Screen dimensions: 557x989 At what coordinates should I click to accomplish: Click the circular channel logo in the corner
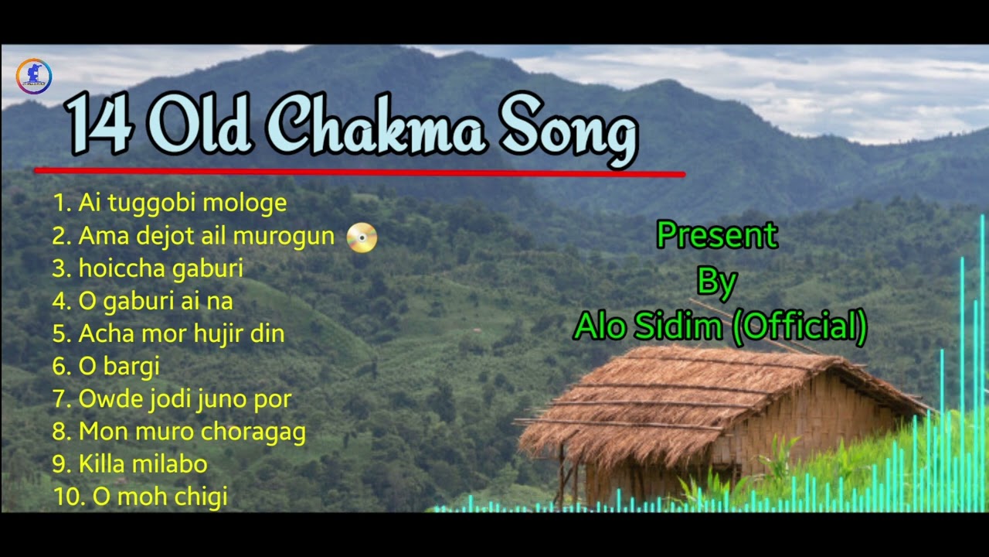33,77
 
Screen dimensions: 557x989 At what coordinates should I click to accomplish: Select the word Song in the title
568,128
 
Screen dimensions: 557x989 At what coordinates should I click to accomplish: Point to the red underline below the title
359,172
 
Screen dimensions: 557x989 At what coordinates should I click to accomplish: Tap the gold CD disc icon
362,237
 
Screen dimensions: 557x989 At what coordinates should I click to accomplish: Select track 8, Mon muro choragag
179,432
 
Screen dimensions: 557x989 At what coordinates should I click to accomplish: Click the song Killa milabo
130,464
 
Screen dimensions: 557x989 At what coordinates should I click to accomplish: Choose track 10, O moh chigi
141,497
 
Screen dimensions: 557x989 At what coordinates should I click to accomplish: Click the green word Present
716,235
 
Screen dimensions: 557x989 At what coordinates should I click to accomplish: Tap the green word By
716,282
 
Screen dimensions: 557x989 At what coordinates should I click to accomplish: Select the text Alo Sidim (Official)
719,327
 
